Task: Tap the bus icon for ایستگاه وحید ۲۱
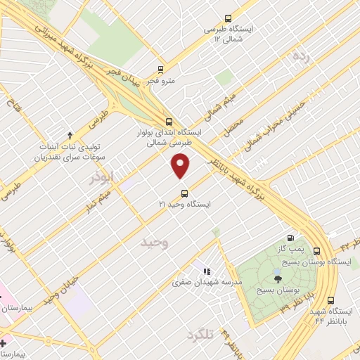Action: pos(184,193)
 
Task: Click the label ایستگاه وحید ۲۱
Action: pos(185,204)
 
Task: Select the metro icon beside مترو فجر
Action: pos(161,70)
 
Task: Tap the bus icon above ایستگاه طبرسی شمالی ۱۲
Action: pos(227,19)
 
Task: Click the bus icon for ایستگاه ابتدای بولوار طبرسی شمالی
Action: pos(167,120)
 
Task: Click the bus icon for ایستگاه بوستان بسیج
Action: pos(316,251)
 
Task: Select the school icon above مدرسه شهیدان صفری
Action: pos(207,271)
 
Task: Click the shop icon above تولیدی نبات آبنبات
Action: pos(70,135)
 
